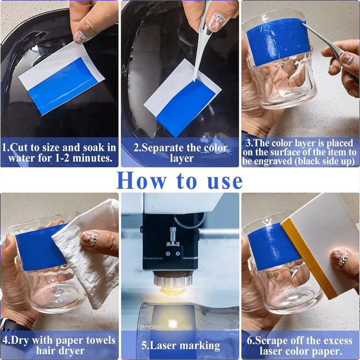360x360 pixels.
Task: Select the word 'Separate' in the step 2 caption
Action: tap(159, 148)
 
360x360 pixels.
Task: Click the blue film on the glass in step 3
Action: tap(277, 41)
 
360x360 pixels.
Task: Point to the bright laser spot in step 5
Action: tap(172, 324)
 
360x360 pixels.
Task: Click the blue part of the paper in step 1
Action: tap(62, 87)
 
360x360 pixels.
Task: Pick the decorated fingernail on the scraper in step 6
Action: tap(340, 257)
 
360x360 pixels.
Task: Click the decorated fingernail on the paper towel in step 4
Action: tap(90, 239)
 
